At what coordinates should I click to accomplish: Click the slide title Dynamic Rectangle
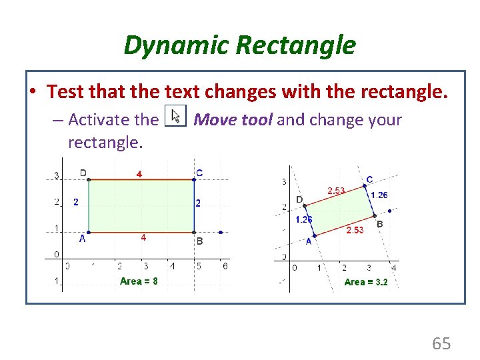[x=239, y=45]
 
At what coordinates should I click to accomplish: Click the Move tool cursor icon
[x=176, y=117]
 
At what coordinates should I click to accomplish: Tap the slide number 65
[x=441, y=343]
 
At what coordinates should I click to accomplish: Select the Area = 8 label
[x=139, y=281]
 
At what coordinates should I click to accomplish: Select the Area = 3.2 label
[x=365, y=282]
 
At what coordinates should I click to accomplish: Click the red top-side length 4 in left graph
[x=139, y=174]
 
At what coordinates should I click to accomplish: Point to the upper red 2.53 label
[x=336, y=191]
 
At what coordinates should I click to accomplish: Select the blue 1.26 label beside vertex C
[x=379, y=195]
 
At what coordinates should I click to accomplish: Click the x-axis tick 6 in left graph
[x=225, y=266]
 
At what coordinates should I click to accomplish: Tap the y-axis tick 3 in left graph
[x=57, y=176]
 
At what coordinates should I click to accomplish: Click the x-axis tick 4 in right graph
[x=394, y=267]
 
